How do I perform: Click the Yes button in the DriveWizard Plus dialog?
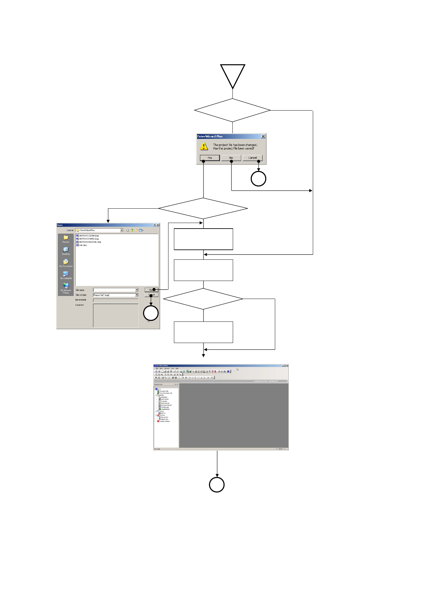[210, 158]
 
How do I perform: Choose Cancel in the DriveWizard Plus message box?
[252, 158]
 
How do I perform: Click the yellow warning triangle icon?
[204, 147]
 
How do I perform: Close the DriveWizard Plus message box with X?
[263, 136]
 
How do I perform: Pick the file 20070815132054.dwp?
[88, 236]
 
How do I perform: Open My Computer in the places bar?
[66, 275]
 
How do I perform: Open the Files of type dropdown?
[136, 295]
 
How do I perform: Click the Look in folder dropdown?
[122, 230]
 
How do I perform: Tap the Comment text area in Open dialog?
[115, 315]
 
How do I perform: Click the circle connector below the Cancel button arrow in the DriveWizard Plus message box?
[258, 179]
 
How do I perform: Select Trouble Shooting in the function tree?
[164, 421]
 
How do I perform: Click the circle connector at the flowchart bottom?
[217, 485]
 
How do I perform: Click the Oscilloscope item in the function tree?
[165, 407]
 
